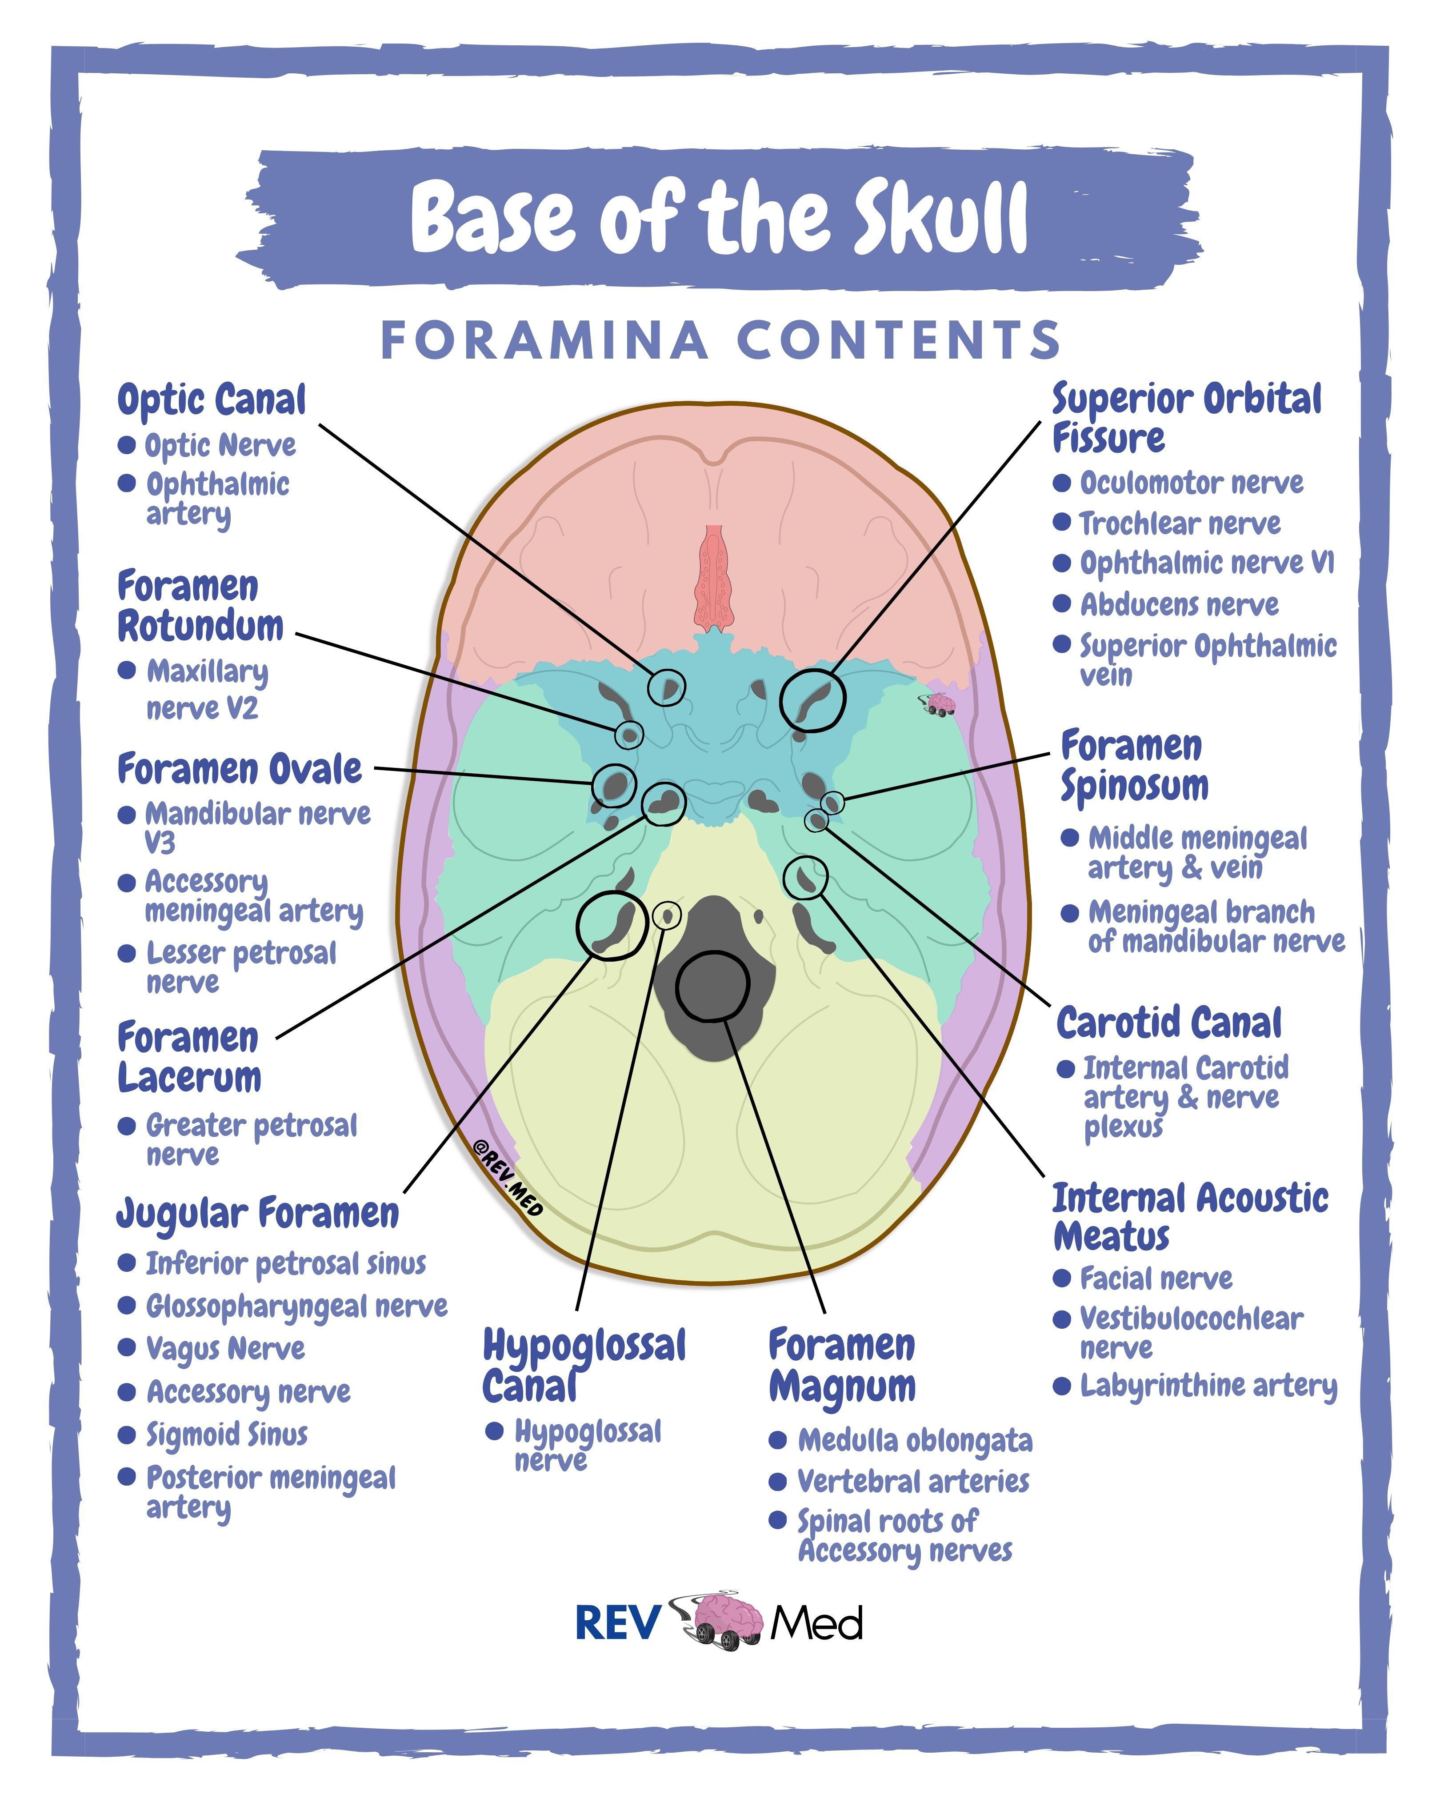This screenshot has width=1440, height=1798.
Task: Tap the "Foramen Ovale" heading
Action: pyautogui.click(x=239, y=768)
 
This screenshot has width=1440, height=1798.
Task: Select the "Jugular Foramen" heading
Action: pyautogui.click(x=258, y=1213)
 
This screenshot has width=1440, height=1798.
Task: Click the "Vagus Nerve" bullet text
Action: pyautogui.click(x=225, y=1348)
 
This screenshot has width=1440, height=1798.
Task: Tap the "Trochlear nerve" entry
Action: pyautogui.click(x=1180, y=524)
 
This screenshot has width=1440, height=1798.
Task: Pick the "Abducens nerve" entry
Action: pyautogui.click(x=1179, y=605)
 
